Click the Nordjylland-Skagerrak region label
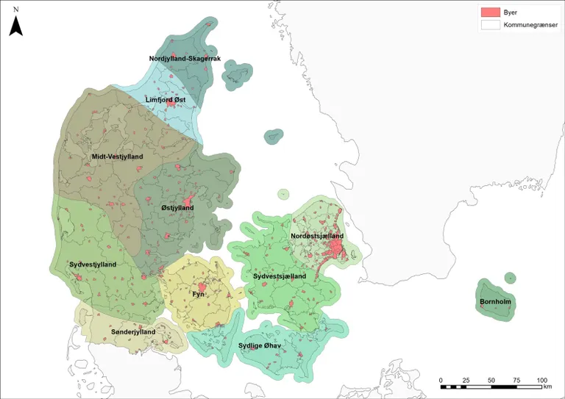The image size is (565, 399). [x=185, y=58]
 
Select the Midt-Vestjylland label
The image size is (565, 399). [x=117, y=157]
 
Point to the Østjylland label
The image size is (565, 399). [x=177, y=208]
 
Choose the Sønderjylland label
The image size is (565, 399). [x=132, y=332]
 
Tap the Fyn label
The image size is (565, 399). [x=199, y=294]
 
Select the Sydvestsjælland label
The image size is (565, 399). [x=280, y=276]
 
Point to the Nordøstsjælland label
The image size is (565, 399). [x=317, y=236]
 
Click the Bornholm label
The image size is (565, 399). [x=496, y=303]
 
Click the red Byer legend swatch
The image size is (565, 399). [x=490, y=12]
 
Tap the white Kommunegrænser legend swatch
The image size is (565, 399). [x=490, y=24]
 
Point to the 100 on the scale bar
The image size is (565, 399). [x=541, y=380]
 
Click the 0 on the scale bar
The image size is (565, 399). [x=441, y=380]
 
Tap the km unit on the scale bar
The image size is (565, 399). [x=547, y=387]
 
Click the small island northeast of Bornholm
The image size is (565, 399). [x=509, y=278]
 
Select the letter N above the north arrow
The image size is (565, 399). [x=16, y=8]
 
